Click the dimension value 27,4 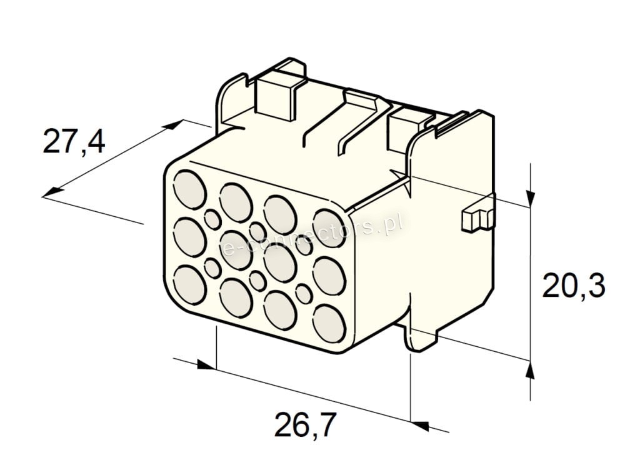[x=74, y=141]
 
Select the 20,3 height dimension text [x=574, y=286]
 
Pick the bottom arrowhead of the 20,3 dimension [x=530, y=371]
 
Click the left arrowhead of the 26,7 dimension [x=206, y=365]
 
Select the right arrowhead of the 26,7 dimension [x=419, y=426]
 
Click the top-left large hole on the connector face [x=190, y=189]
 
